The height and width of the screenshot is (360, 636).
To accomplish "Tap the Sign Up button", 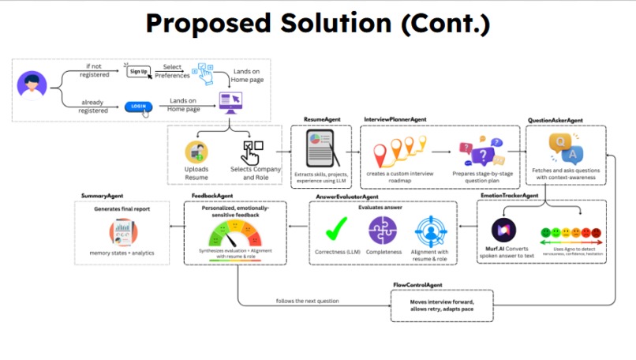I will pos(138,71).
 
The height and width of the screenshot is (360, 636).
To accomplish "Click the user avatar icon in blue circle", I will pos(32,85).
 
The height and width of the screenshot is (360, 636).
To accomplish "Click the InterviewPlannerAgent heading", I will pos(395,119).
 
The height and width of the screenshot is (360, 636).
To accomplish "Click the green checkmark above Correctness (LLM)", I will pos(339,229).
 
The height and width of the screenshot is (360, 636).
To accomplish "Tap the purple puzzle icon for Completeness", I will pos(383,230).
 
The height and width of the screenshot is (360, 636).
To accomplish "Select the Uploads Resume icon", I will pos(196,152).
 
